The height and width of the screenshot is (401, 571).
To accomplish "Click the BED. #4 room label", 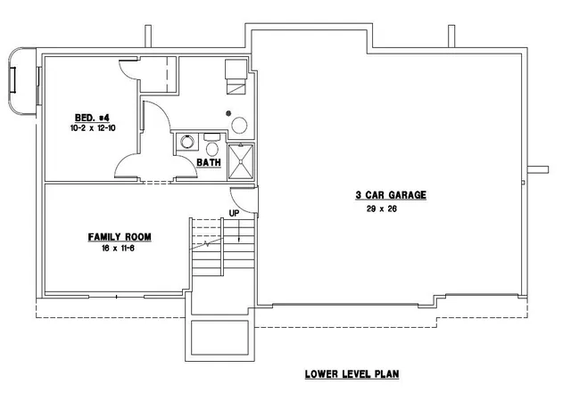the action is pos(92,118).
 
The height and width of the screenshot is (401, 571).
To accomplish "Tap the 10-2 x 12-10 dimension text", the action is pos(93,128).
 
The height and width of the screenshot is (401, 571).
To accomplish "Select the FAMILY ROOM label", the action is pos(120,237).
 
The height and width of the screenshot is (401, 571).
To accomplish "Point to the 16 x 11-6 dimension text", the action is pos(119,249).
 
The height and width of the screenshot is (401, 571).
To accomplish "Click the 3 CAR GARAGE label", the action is pos(391,195).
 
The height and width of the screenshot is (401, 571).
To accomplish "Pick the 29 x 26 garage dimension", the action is pos(382,209).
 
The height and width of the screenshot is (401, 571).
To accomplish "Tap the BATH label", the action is pos(209,162).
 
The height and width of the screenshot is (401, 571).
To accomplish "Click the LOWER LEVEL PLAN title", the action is pos(352,374).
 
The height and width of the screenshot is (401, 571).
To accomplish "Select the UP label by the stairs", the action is pos(234,213).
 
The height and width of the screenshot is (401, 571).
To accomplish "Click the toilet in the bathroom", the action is pos(211,145).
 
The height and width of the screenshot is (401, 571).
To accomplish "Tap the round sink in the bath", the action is pos(187,142).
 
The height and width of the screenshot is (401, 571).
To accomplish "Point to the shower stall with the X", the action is pos(241,162).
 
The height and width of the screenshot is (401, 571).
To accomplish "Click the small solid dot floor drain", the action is pos(228,113).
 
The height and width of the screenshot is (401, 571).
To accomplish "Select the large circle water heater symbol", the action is pos(240,126).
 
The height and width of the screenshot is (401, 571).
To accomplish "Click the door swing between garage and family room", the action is pos(244,200).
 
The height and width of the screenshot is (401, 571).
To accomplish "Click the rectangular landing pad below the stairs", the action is pos(219,338).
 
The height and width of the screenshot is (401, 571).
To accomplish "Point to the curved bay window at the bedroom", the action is pos(21,81).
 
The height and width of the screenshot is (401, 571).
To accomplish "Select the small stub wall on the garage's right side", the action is pos(538,169).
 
